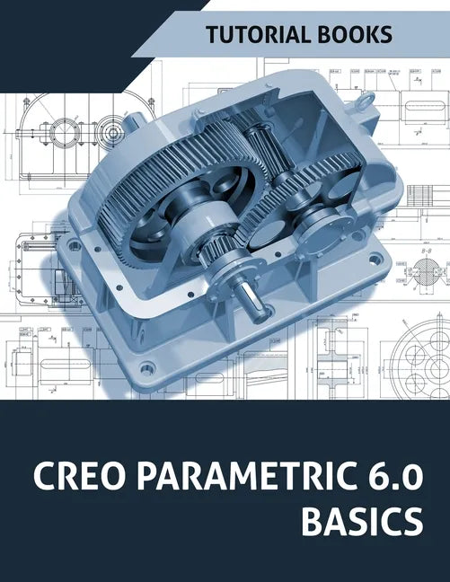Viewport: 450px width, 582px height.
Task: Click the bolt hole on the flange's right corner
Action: click(374, 260)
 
